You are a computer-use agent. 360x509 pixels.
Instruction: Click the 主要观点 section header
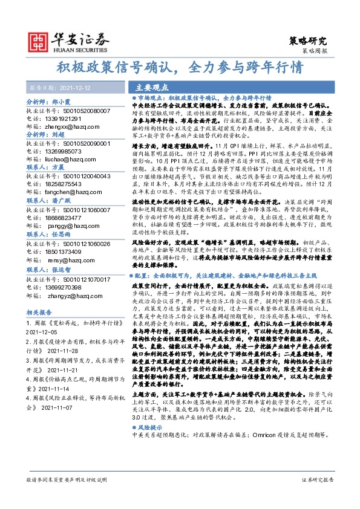pos(151,87)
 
